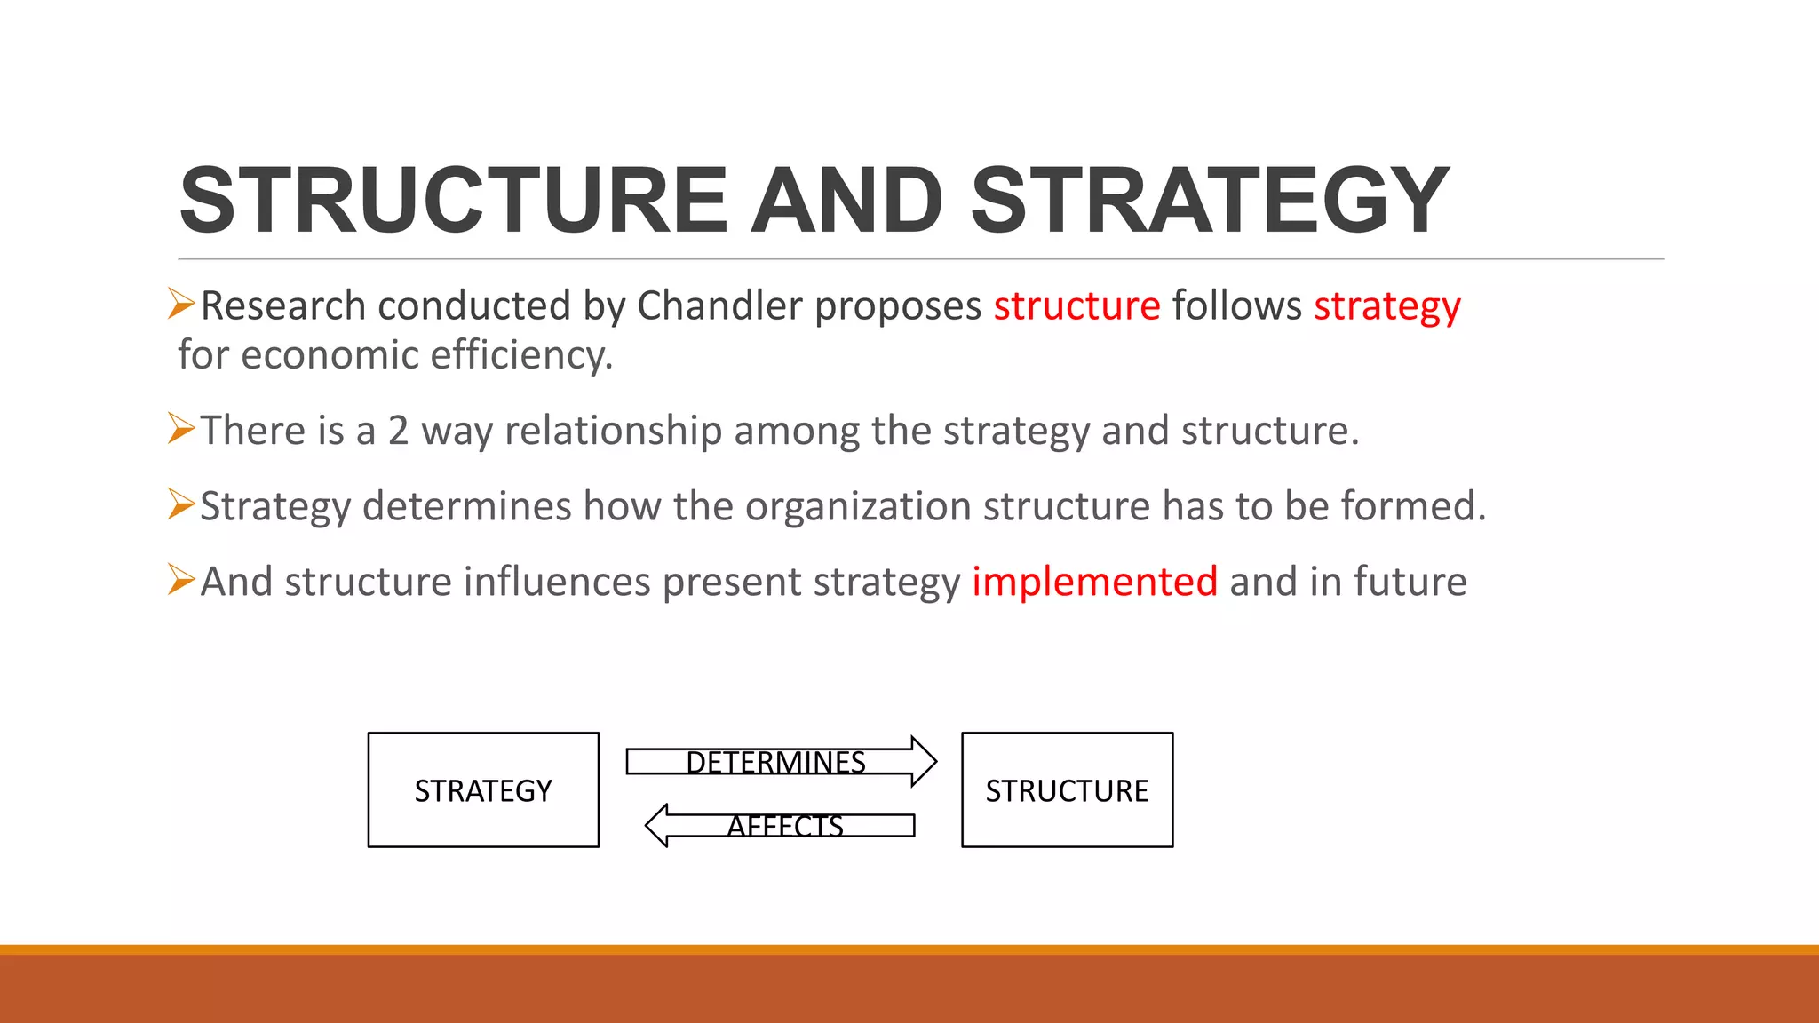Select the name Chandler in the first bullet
(719, 306)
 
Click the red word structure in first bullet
(1076, 306)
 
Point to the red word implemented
(1094, 583)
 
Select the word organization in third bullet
(858, 507)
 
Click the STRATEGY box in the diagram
(483, 789)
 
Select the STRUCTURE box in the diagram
(1067, 789)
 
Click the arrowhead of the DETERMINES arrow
(924, 762)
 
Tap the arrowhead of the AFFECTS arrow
(657, 825)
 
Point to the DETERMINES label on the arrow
(775, 762)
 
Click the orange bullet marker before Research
(181, 305)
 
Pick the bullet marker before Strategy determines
(181, 504)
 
